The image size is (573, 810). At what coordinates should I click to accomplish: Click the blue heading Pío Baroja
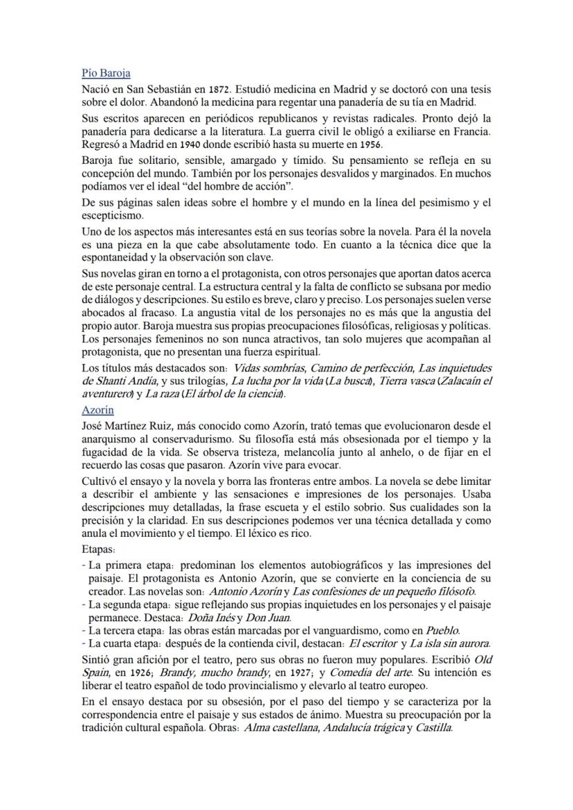pos(106,73)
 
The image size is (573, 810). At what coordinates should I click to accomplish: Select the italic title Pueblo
pos(442,630)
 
